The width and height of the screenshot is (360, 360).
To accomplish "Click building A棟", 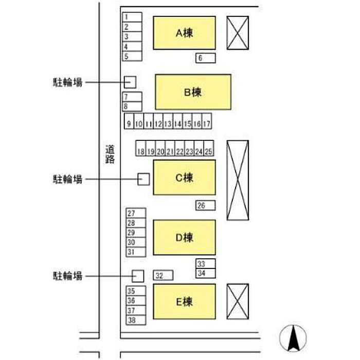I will (x=184, y=33).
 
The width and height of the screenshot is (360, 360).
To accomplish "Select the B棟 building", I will (x=193, y=92).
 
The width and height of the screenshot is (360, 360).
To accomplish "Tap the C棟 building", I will (x=184, y=177).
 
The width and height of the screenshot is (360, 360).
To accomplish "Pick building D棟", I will (x=184, y=237).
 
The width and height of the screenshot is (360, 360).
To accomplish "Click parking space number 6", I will (x=205, y=58).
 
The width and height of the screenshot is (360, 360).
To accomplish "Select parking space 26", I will (x=205, y=206).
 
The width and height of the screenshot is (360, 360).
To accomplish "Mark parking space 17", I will (x=207, y=123).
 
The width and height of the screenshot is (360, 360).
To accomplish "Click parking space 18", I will (x=140, y=151).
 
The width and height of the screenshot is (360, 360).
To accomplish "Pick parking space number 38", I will (x=136, y=320).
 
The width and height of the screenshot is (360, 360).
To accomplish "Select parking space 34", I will (x=205, y=273).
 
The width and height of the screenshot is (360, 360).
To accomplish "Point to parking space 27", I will (x=136, y=213).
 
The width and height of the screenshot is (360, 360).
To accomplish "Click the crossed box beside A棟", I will (x=238, y=32).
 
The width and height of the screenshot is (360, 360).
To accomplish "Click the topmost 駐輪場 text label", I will (x=68, y=82).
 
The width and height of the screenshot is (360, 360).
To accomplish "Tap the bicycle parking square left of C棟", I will (x=143, y=179).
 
